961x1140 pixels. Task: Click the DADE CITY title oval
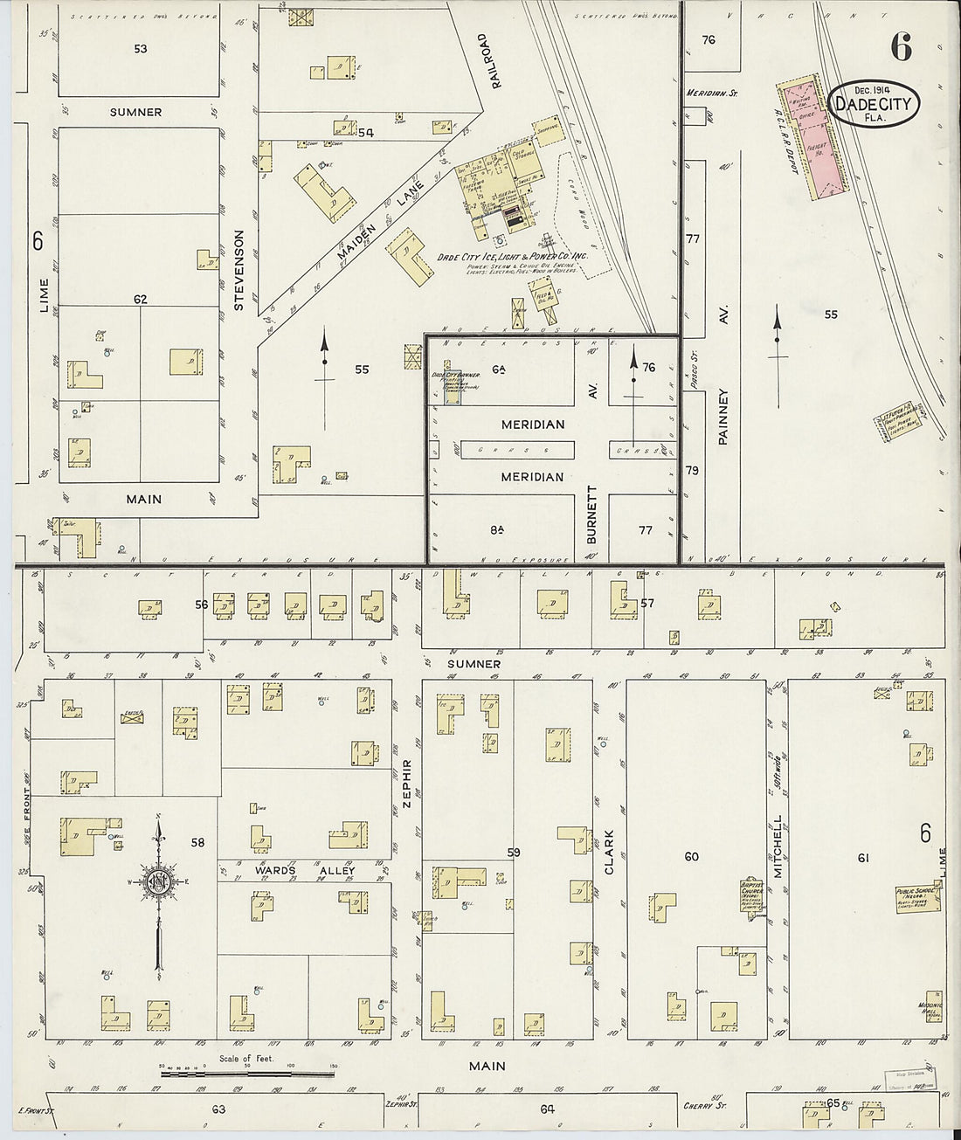[873, 105]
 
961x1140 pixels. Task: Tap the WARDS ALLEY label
[305, 871]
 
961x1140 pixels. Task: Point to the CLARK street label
[610, 852]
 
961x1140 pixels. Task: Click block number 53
[141, 49]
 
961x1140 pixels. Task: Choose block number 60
[691, 857]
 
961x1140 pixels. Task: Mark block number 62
[141, 300]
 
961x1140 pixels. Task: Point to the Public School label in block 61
[916, 898]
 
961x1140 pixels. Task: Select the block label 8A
[498, 529]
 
